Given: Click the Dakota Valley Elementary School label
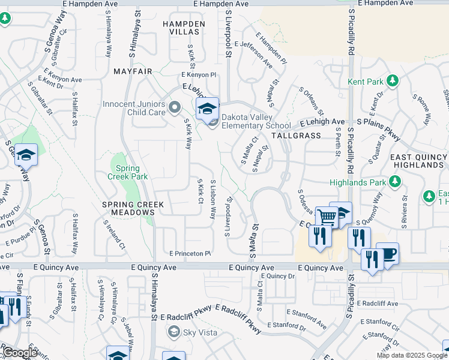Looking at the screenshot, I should click(256, 121).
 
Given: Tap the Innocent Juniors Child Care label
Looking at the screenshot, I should click(134, 108).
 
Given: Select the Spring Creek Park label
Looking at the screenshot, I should click(123, 172).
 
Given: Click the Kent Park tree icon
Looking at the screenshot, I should click(393, 80).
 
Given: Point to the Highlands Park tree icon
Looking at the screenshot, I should click(394, 181).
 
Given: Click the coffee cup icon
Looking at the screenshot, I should click(388, 253).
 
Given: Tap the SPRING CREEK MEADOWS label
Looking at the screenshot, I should click(133, 208).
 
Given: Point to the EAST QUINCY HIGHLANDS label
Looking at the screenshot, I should click(419, 161).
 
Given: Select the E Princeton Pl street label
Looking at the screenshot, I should click(190, 254).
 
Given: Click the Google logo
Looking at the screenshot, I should click(19, 353).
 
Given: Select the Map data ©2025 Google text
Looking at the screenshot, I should click(411, 355).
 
